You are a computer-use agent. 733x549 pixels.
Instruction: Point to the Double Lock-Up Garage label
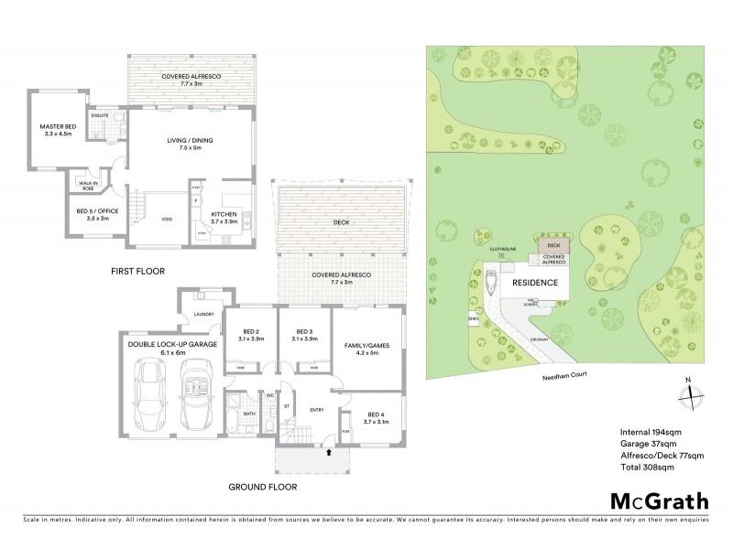tap(173, 347)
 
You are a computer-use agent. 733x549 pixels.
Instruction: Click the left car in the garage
tap(149, 397)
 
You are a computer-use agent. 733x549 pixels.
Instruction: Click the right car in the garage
tap(196, 397)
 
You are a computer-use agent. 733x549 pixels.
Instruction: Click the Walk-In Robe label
tap(89, 184)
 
